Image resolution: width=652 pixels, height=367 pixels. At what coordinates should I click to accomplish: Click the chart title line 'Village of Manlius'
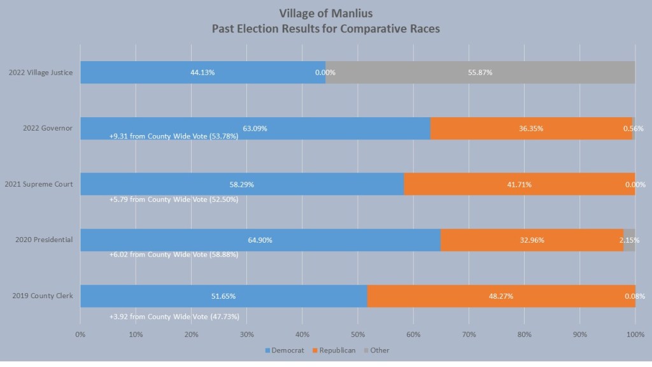[325, 13]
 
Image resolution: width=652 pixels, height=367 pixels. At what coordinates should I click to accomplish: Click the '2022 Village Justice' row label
[41, 73]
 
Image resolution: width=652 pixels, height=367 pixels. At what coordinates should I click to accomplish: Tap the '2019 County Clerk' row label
[42, 296]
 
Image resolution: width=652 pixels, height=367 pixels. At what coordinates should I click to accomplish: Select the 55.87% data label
[480, 73]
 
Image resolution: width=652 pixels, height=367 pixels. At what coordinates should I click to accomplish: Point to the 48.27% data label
[500, 296]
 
